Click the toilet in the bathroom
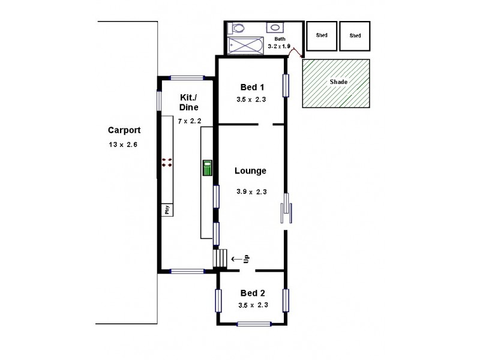(238, 28)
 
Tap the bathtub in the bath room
(245, 44)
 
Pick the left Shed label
(322, 36)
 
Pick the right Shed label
(355, 36)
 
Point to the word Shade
(338, 82)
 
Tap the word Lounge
(250, 171)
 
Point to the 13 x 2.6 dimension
(124, 144)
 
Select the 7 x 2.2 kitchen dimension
(189, 121)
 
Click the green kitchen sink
(207, 167)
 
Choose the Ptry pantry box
(167, 209)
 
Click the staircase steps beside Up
(220, 259)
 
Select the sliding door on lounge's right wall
(287, 209)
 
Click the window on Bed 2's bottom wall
(254, 324)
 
